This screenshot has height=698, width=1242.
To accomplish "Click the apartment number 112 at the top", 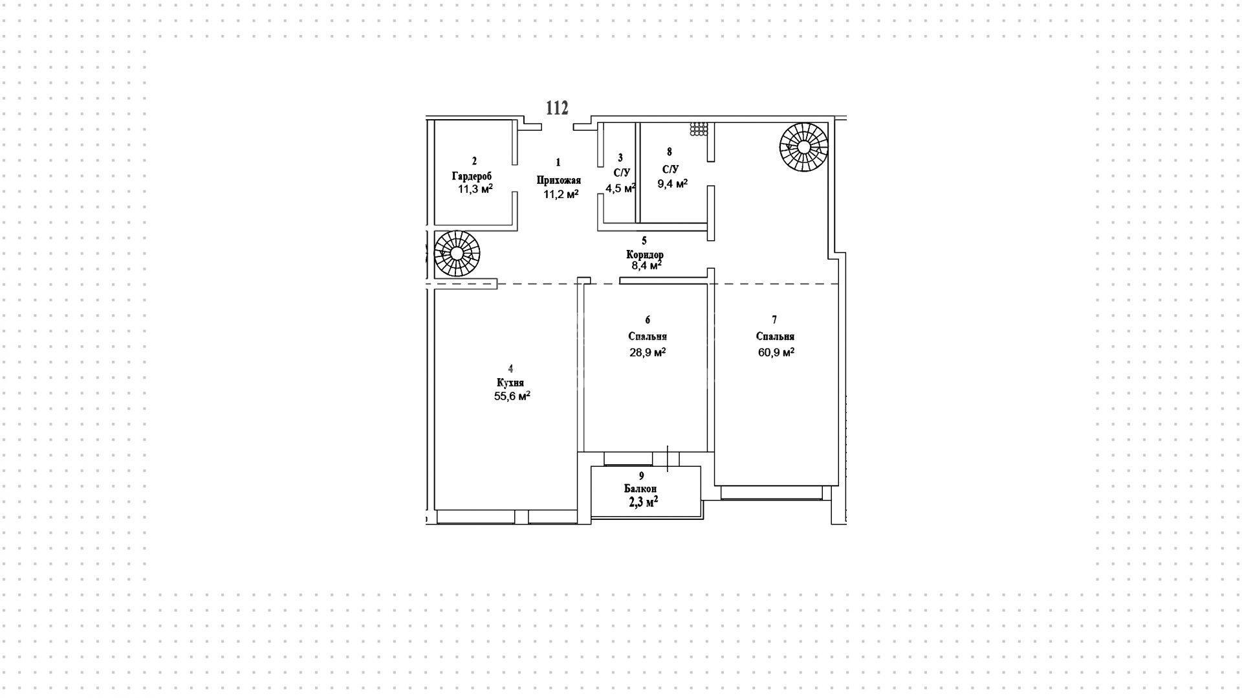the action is click(557, 108).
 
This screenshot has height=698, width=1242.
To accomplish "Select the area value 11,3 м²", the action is click(475, 189).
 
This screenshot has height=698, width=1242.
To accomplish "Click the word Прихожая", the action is click(559, 181).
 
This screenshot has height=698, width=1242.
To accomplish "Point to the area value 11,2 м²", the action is click(561, 194).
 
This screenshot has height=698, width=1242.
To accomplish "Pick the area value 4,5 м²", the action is click(620, 188).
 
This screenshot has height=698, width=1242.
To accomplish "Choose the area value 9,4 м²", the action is click(673, 184).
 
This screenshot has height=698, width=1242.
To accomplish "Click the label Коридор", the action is click(645, 254).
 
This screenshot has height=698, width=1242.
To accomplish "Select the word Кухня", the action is click(510, 383).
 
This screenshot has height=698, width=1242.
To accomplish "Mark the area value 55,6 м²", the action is click(512, 396).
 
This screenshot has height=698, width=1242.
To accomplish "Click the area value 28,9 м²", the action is click(648, 352).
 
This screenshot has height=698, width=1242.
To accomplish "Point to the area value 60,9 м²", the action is click(776, 352).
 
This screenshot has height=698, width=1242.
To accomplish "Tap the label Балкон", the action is click(640, 489).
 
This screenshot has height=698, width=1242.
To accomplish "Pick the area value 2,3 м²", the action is click(644, 501).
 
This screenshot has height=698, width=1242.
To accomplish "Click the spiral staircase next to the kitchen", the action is click(457, 254).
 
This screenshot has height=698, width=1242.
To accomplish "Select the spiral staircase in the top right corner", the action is click(803, 148).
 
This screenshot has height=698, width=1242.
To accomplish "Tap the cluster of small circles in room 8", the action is click(699, 129).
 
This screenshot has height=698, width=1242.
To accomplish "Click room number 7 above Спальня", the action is click(774, 320).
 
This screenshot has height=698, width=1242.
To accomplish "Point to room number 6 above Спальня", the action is click(648, 320).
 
